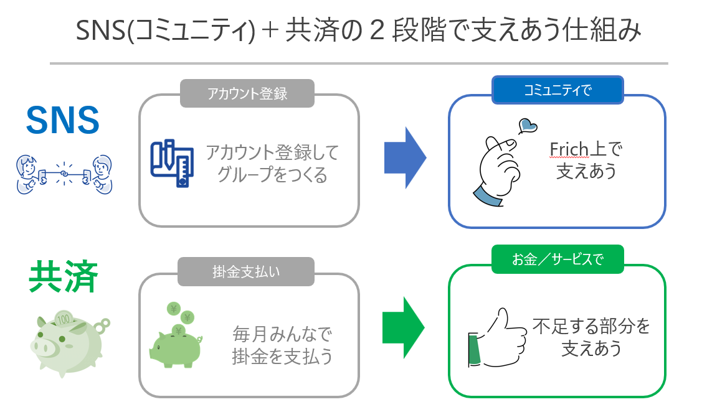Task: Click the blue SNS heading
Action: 62,120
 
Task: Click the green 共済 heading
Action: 63,278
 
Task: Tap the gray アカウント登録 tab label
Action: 247,93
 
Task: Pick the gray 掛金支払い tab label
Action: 247,273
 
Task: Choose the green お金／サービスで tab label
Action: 558,259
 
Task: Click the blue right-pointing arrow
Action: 405,158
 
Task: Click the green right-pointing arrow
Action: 404,327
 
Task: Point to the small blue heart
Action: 528,125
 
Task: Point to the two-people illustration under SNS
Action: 62,174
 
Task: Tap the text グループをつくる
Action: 272,175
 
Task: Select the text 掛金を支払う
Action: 282,356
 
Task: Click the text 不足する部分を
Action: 591,326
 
